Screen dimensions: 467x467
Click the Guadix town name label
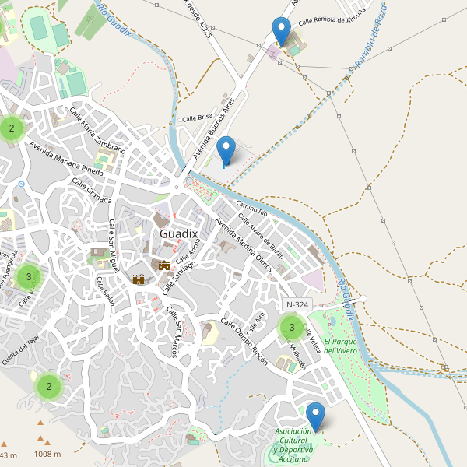point(179,233)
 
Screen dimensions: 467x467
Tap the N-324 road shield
point(299,304)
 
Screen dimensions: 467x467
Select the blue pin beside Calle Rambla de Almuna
point(282,32)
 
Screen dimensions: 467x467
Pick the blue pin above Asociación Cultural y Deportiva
point(315,416)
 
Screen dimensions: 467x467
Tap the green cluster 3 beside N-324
point(292,328)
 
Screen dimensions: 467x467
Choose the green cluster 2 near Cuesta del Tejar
point(48,386)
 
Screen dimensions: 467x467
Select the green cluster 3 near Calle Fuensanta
point(29,276)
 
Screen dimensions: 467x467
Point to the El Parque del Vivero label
point(341,346)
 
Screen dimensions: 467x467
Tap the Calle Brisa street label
point(197,118)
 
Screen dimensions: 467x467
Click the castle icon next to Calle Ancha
point(164,265)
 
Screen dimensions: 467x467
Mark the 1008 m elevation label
point(47,454)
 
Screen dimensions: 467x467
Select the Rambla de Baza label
point(371,45)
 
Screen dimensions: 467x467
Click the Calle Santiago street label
point(179,277)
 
